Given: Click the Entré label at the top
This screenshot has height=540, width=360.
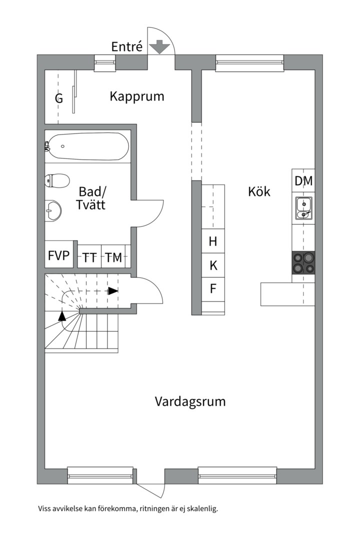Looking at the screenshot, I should pos(127,47).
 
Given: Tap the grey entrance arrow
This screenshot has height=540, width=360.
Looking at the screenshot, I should pos(160,47).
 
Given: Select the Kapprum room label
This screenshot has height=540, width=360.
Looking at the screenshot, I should pos(137,96).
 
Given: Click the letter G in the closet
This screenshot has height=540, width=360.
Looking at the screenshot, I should pos(59,98).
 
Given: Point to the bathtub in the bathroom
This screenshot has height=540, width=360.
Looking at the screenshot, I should pos(87,146).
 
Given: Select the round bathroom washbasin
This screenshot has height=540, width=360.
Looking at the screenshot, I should pos(52,210).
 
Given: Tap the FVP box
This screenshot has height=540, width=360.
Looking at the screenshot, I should pos(58,256).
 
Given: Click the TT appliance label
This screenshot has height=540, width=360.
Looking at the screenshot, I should pos(89,257).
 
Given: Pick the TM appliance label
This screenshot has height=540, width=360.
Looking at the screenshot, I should pos(113,257).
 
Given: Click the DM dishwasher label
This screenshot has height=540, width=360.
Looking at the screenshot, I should pos(303,181).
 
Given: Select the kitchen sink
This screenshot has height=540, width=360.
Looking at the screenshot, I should pos(303,208).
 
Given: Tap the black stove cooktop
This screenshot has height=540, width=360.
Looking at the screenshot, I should pos(303,262).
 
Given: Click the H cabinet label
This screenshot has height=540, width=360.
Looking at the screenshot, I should pos(213,242).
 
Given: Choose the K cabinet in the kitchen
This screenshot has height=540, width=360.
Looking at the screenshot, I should pos(213,266).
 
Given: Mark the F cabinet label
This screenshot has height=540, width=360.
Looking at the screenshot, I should pos(213,289).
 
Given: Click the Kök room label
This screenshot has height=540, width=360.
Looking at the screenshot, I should pos(259,191).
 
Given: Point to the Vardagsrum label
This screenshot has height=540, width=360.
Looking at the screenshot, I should pos(190,401).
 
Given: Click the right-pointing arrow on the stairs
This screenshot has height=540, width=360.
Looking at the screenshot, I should pos(113,290).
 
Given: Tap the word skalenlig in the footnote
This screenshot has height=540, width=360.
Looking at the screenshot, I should pos(202,509).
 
